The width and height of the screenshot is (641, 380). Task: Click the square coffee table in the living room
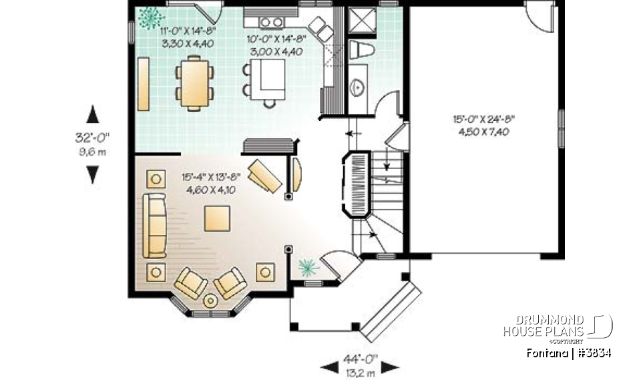218,218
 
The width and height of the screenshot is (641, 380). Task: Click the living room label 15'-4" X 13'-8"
210,184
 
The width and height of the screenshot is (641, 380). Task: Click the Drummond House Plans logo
557,327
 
